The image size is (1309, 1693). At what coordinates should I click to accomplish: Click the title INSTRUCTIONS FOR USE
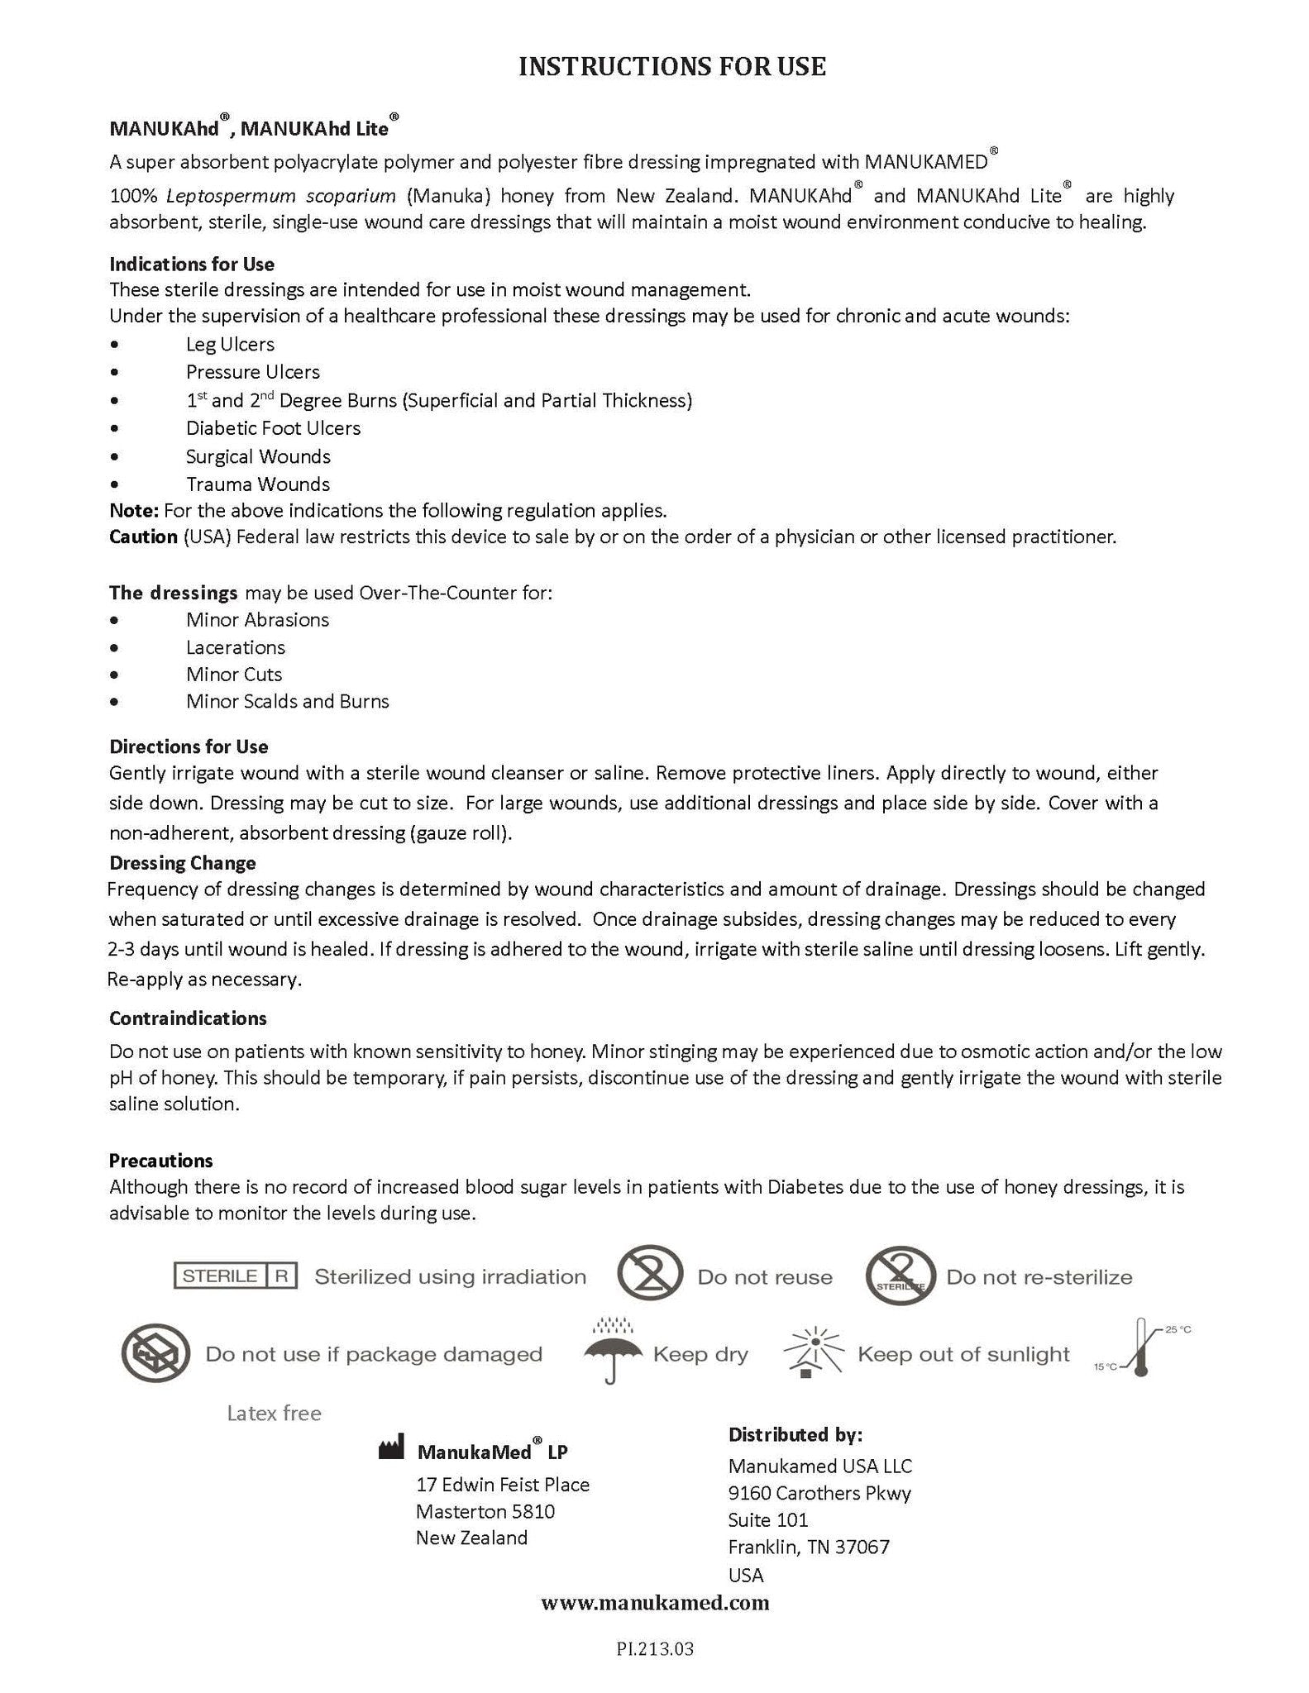pyautogui.click(x=671, y=67)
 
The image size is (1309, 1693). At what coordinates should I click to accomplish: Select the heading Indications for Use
pyautogui.click(x=192, y=265)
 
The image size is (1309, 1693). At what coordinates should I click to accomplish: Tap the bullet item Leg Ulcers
pyautogui.click(x=230, y=344)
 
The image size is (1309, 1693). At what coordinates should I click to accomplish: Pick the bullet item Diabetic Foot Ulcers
pyautogui.click(x=273, y=428)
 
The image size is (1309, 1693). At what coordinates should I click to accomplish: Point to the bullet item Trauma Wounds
pyautogui.click(x=258, y=484)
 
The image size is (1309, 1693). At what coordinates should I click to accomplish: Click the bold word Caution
pyautogui.click(x=143, y=537)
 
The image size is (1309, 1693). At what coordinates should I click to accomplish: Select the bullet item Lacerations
pyautogui.click(x=236, y=647)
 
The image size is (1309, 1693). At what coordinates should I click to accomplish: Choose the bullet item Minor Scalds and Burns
pyautogui.click(x=287, y=702)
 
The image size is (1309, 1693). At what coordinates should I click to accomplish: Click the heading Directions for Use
pyautogui.click(x=189, y=747)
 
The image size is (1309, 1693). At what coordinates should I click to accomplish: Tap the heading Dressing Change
pyautogui.click(x=183, y=863)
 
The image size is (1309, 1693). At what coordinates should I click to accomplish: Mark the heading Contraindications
pyautogui.click(x=188, y=1018)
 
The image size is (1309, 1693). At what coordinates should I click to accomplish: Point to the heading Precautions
pyautogui.click(x=161, y=1161)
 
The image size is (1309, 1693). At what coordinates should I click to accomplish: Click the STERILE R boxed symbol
pyautogui.click(x=235, y=1276)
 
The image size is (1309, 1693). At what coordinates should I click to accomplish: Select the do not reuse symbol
pyautogui.click(x=650, y=1276)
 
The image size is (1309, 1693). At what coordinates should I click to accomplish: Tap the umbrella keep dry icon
pyautogui.click(x=613, y=1354)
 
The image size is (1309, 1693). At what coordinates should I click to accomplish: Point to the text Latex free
pyautogui.click(x=274, y=1414)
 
